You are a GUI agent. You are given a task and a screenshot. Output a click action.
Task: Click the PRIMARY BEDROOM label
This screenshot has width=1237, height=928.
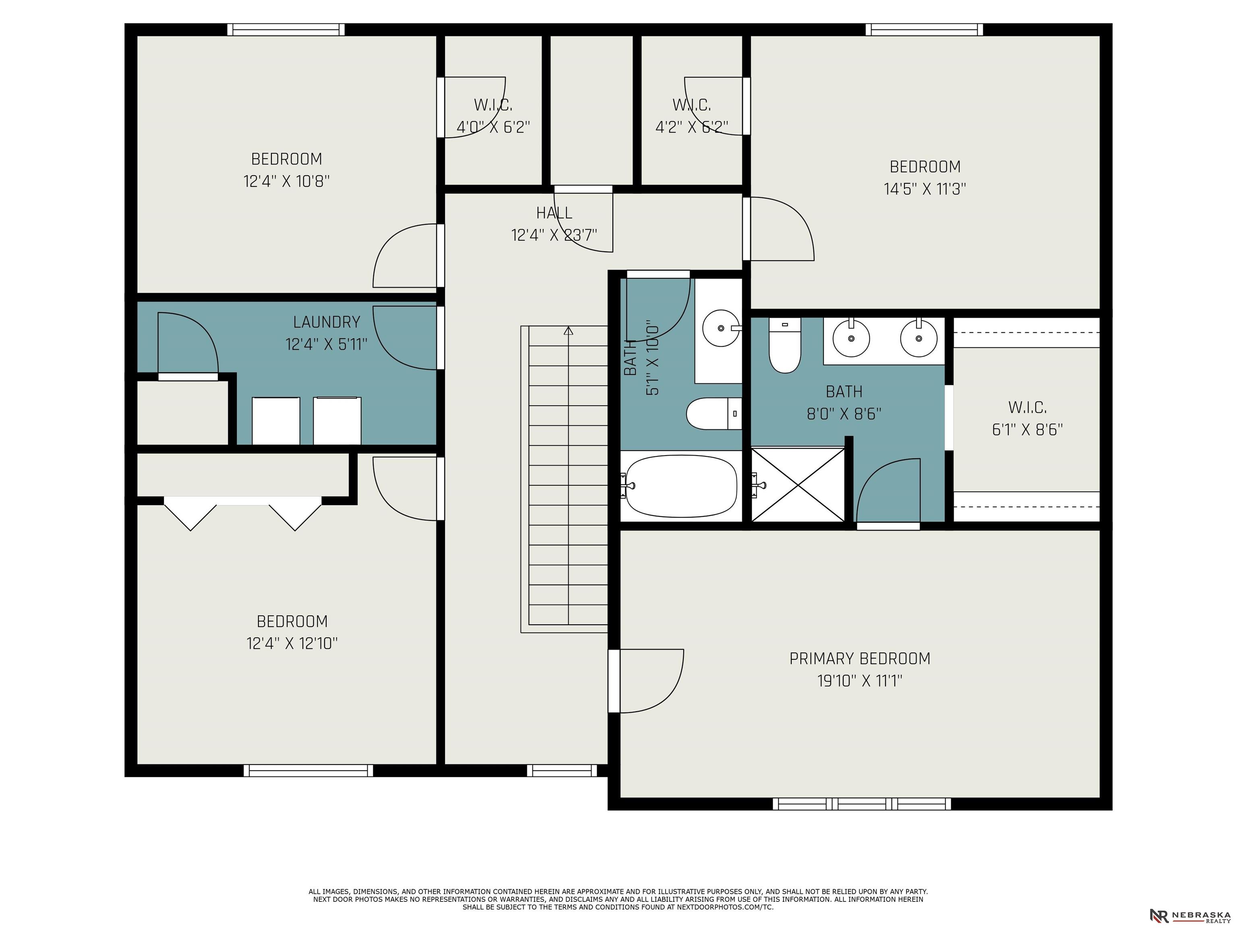click(x=860, y=659)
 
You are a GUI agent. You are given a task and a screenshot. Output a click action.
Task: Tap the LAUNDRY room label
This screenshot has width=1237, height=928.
click(x=327, y=322)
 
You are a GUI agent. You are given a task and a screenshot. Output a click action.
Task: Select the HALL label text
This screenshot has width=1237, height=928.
click(x=554, y=213)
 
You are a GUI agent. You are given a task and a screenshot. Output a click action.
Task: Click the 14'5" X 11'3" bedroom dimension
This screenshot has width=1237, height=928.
click(x=925, y=189)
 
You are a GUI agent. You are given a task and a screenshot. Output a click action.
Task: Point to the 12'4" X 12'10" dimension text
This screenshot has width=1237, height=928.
click(x=292, y=643)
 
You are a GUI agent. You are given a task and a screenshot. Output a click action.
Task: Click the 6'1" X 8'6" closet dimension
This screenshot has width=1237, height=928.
click(x=1027, y=430)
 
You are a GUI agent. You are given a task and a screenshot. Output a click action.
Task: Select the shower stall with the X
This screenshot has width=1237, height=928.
click(x=797, y=485)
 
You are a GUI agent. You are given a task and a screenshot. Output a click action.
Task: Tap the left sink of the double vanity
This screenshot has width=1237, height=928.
click(x=851, y=338)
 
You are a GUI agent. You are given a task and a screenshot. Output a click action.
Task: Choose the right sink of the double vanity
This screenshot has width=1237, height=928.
click(x=918, y=338)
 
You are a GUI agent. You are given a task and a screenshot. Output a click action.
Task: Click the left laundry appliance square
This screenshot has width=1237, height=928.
click(x=276, y=420)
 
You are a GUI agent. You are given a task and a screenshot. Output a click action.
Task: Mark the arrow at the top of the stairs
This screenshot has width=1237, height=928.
click(x=569, y=331)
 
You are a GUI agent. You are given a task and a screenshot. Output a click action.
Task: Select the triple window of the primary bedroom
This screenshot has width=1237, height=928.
click(x=861, y=804)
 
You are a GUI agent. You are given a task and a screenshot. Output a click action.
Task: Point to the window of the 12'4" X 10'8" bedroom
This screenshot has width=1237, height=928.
click(x=286, y=30)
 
